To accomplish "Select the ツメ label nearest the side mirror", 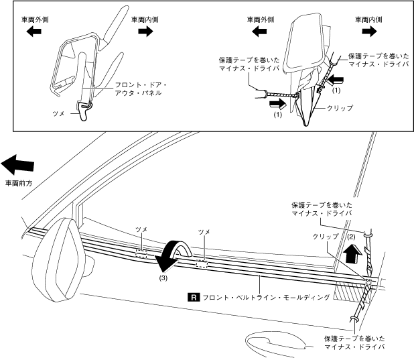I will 141,230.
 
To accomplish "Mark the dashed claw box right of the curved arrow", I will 202,264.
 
